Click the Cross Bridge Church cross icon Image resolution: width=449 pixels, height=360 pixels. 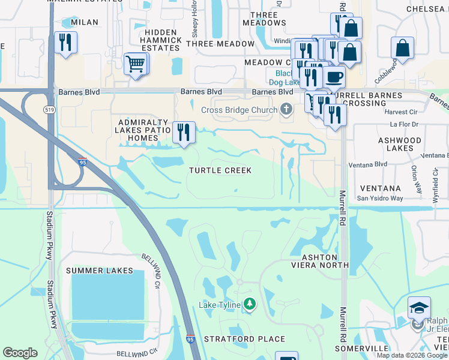[286, 109]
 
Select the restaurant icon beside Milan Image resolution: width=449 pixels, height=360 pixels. [64, 43]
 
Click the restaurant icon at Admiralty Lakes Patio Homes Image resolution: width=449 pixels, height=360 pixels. [184, 131]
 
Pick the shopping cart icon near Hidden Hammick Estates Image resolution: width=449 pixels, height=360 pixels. [136, 62]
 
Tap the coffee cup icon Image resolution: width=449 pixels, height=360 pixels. [334, 78]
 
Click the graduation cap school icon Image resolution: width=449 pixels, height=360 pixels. [418, 308]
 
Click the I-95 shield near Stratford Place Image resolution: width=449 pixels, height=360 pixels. [190, 339]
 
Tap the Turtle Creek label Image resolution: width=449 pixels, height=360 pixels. [220, 170]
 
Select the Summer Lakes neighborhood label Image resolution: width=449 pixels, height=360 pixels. [100, 271]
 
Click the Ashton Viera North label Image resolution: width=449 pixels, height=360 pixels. [318, 260]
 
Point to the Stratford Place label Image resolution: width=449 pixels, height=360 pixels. [244, 339]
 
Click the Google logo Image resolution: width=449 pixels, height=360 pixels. [20, 353]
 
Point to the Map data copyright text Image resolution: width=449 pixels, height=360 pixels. [411, 355]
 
